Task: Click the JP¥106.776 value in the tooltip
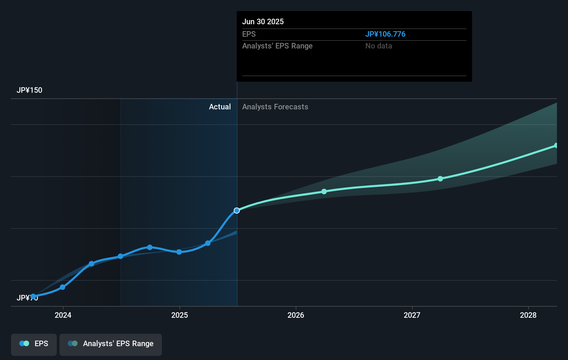pos(385,34)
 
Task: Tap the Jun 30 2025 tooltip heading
pos(263,22)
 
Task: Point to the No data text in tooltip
pos(378,46)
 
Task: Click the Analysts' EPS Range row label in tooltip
pos(277,46)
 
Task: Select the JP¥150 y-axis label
pos(29,90)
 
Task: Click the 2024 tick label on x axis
pos(63,315)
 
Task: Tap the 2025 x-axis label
pos(180,315)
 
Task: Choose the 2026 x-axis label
pos(296,315)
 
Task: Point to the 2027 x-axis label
pos(412,315)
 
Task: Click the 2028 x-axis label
pos(528,315)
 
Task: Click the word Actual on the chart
pos(220,107)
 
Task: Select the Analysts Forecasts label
pos(275,107)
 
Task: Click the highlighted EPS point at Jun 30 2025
pos(237,210)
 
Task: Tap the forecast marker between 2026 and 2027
pos(324,191)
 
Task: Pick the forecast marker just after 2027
pos(440,179)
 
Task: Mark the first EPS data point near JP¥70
pos(33,296)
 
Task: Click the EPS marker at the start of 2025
pos(179,252)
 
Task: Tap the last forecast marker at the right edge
pos(556,145)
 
